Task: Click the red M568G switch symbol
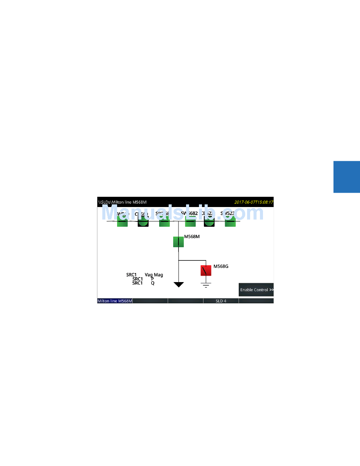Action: tap(206, 270)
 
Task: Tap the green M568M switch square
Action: tap(178, 242)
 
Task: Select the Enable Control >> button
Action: tap(257, 290)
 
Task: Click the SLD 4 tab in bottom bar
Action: tap(221, 301)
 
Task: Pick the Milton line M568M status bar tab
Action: tap(115, 301)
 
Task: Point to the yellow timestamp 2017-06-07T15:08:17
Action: tap(254, 202)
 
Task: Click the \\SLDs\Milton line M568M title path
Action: tap(122, 202)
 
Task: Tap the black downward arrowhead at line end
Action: tap(178, 284)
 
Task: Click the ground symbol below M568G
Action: tap(206, 285)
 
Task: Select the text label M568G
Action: tap(221, 266)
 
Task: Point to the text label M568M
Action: tap(192, 237)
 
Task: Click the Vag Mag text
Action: tap(154, 275)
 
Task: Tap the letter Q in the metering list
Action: tap(153, 283)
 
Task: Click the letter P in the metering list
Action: tap(152, 279)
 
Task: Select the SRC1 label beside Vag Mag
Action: tap(131, 275)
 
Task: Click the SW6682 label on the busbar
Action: tap(189, 213)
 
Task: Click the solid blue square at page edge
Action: tap(346, 177)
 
